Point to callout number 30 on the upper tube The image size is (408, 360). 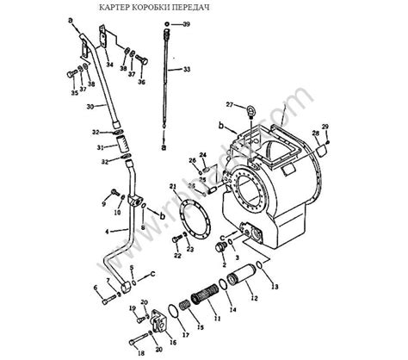[90, 106]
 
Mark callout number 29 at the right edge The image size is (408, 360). [325, 127]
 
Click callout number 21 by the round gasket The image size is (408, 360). [172, 186]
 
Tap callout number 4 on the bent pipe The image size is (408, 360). [108, 232]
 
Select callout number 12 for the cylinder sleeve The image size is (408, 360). [253, 298]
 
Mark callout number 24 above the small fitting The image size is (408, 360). [203, 155]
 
